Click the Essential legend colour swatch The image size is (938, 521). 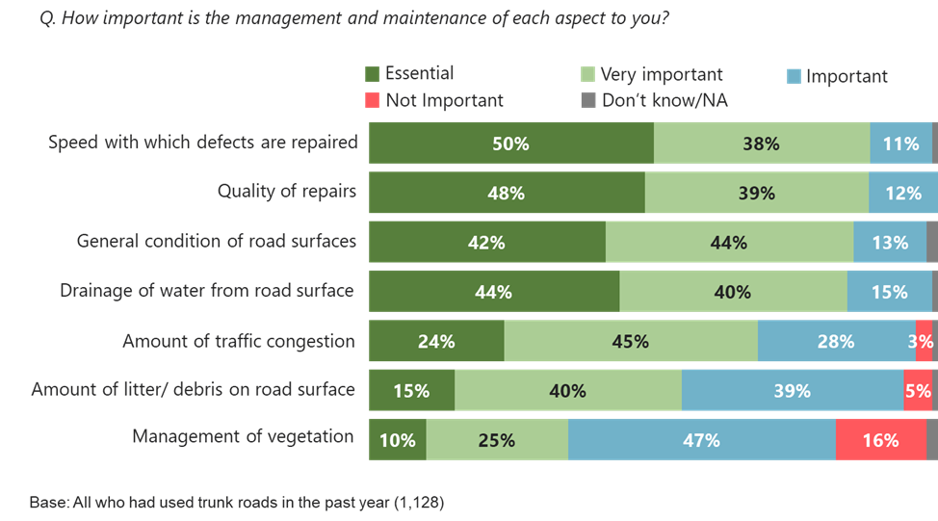coord(373,74)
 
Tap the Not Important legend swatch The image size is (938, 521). coord(373,99)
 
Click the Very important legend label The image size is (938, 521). coord(662,74)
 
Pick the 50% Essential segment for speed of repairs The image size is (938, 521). coord(511,143)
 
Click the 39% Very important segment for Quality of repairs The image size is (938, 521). coord(756,193)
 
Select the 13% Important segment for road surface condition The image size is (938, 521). coord(889,242)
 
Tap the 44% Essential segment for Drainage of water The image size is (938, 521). coord(493,292)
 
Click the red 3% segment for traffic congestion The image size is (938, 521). coord(923,341)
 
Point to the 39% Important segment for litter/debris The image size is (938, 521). coord(792,391)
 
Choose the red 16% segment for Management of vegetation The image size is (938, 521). coord(880,440)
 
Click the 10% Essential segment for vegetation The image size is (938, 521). coord(397,440)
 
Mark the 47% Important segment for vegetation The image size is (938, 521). coord(701,440)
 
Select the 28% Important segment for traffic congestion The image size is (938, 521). coord(836,341)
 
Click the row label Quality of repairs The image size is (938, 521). coord(287,191)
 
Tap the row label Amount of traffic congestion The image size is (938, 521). coord(239,341)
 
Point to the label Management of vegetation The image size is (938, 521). coord(243,436)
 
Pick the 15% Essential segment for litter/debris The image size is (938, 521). coord(411,391)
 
